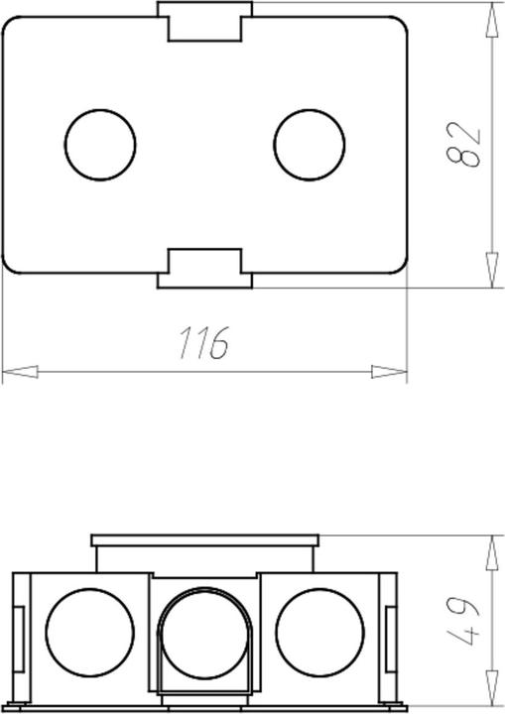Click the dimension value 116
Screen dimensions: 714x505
coord(204,341)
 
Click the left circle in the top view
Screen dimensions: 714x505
coord(99,145)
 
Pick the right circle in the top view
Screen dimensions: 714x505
coord(309,145)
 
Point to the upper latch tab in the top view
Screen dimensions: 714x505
coord(204,21)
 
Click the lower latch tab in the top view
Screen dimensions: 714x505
coord(204,268)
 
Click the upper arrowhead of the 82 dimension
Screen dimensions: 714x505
coord(491,20)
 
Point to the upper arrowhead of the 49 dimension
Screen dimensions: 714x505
coord(491,551)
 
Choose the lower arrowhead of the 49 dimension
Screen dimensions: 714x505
coord(491,694)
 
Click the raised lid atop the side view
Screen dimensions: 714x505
coord(204,541)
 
